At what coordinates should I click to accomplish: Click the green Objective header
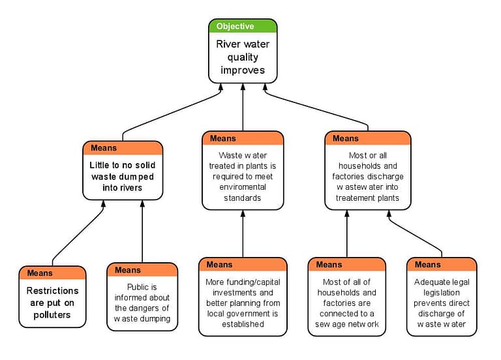(x=243, y=26)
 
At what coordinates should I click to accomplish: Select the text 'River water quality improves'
(x=243, y=57)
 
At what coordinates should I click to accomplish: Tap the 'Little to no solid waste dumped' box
(x=123, y=177)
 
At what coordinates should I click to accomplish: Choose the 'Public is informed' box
(x=142, y=303)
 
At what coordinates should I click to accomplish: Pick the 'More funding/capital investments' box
(x=243, y=303)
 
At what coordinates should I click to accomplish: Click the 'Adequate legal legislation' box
(x=441, y=303)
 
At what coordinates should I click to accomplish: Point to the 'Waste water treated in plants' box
(x=243, y=176)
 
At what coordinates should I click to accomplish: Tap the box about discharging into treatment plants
(x=367, y=176)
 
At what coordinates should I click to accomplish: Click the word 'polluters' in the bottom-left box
(x=52, y=315)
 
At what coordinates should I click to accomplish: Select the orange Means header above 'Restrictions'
(x=52, y=273)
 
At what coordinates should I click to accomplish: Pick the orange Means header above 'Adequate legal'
(x=441, y=264)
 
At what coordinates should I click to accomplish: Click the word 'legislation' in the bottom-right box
(x=441, y=293)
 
